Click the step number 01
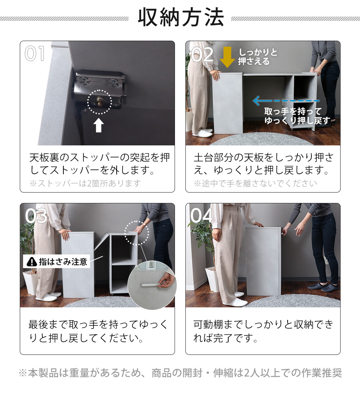coord(35,53)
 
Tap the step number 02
coord(202,55)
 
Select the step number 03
coord(36,216)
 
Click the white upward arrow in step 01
coord(99,125)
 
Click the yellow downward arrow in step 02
coord(227,57)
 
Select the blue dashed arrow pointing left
coord(286,101)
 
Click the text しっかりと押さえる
coord(258,57)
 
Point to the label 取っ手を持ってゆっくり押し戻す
coord(297,116)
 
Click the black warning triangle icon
coord(32,262)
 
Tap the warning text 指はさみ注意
coord(63,262)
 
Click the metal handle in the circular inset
coord(151,284)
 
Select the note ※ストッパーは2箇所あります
coord(85,183)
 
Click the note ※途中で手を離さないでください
coord(256,183)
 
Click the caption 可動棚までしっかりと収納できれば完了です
coord(263,331)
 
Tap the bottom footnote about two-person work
coord(180,373)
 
